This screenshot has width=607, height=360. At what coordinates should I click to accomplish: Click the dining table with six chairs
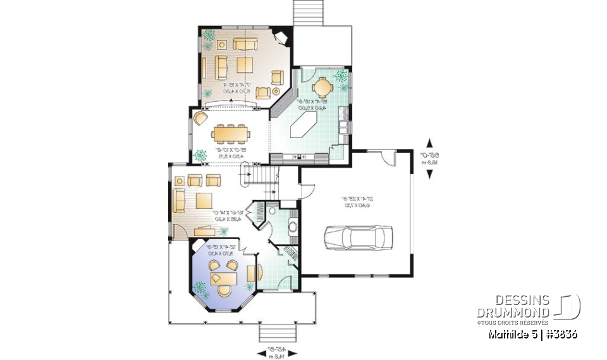(230, 134)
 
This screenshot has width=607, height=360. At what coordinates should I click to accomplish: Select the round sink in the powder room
(293, 225)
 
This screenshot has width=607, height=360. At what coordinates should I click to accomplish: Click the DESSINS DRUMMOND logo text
(513, 307)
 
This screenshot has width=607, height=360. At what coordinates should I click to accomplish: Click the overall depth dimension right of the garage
(430, 158)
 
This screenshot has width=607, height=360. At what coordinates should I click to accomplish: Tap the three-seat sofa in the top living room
(245, 44)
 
